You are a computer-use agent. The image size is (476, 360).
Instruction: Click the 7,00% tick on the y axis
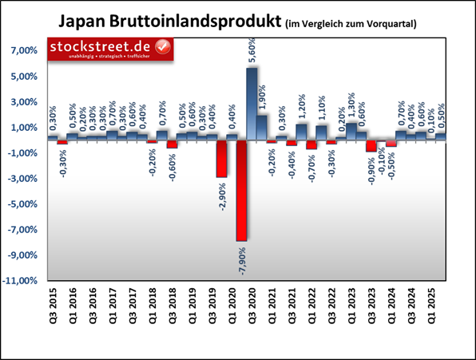[x=25, y=51]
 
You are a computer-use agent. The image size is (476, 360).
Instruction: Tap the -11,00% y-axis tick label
[x=22, y=281]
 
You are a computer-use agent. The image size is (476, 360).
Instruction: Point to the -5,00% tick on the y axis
[x=23, y=204]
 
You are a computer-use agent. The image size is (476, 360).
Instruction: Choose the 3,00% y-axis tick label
[x=25, y=102]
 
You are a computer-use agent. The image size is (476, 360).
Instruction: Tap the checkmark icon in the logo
[x=163, y=48]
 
